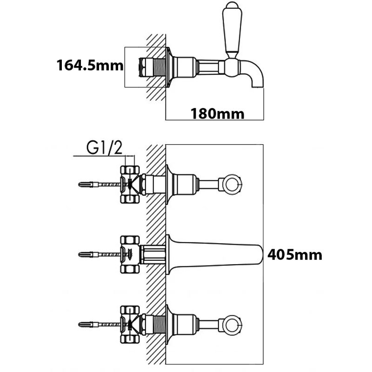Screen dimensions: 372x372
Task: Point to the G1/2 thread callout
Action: pyautogui.click(x=104, y=148)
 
